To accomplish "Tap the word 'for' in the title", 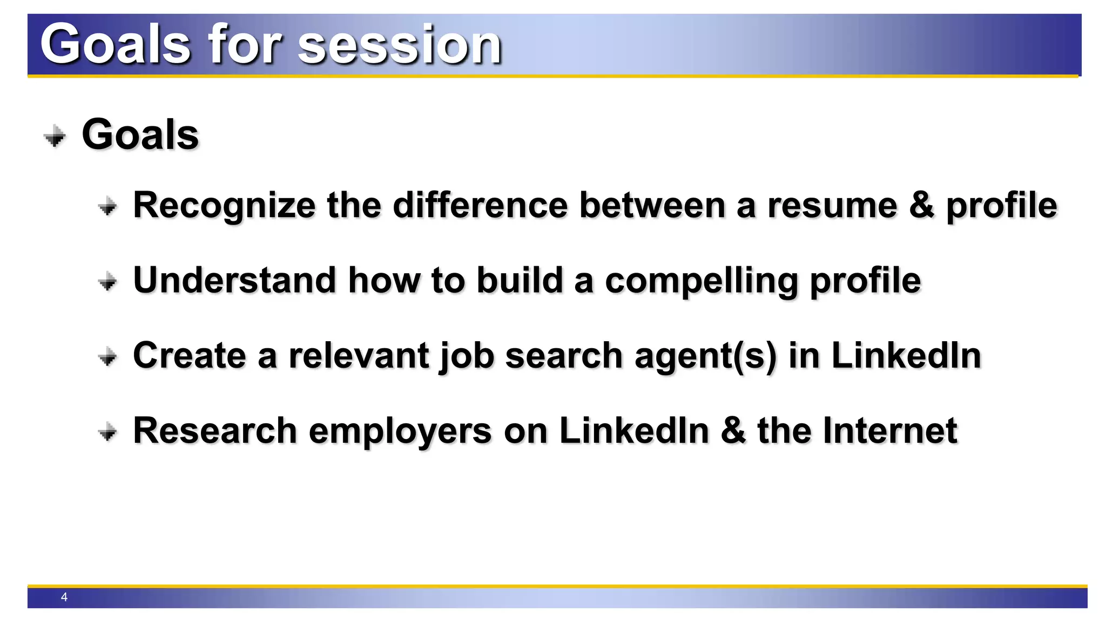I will [x=245, y=44].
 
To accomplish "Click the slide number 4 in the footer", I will [x=64, y=597].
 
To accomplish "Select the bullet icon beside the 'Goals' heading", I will [x=55, y=136].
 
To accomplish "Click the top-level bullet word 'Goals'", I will [x=140, y=135].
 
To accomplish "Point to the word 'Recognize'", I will [x=224, y=206].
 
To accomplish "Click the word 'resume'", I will [x=832, y=206].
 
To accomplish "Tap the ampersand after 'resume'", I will [x=921, y=205].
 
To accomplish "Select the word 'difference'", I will [x=480, y=205].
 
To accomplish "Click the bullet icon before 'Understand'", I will [x=108, y=281].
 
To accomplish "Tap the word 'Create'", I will [x=190, y=356].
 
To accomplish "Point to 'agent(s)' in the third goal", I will [x=705, y=357].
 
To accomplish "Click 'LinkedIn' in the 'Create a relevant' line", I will [x=906, y=356].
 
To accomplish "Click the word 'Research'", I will [x=215, y=431].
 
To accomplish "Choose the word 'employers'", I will [x=400, y=432].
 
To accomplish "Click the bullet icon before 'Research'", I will [x=108, y=432].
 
